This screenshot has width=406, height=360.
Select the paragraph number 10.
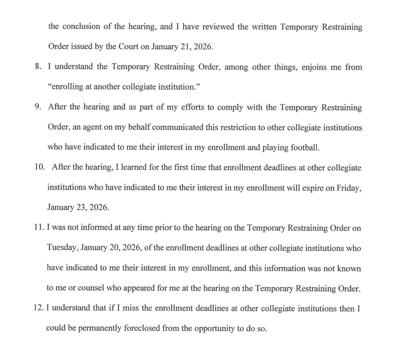pyautogui.click(x=40, y=167)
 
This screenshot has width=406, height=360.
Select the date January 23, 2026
pyautogui.click(x=78, y=207)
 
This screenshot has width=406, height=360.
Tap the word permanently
pyautogui.click(x=95, y=328)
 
